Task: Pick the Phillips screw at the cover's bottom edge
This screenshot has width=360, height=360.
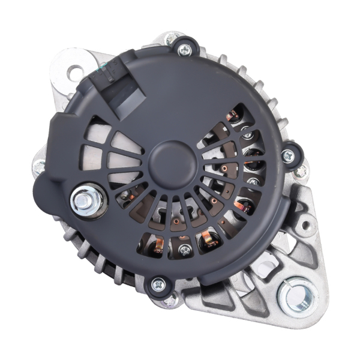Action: point(159,284)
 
